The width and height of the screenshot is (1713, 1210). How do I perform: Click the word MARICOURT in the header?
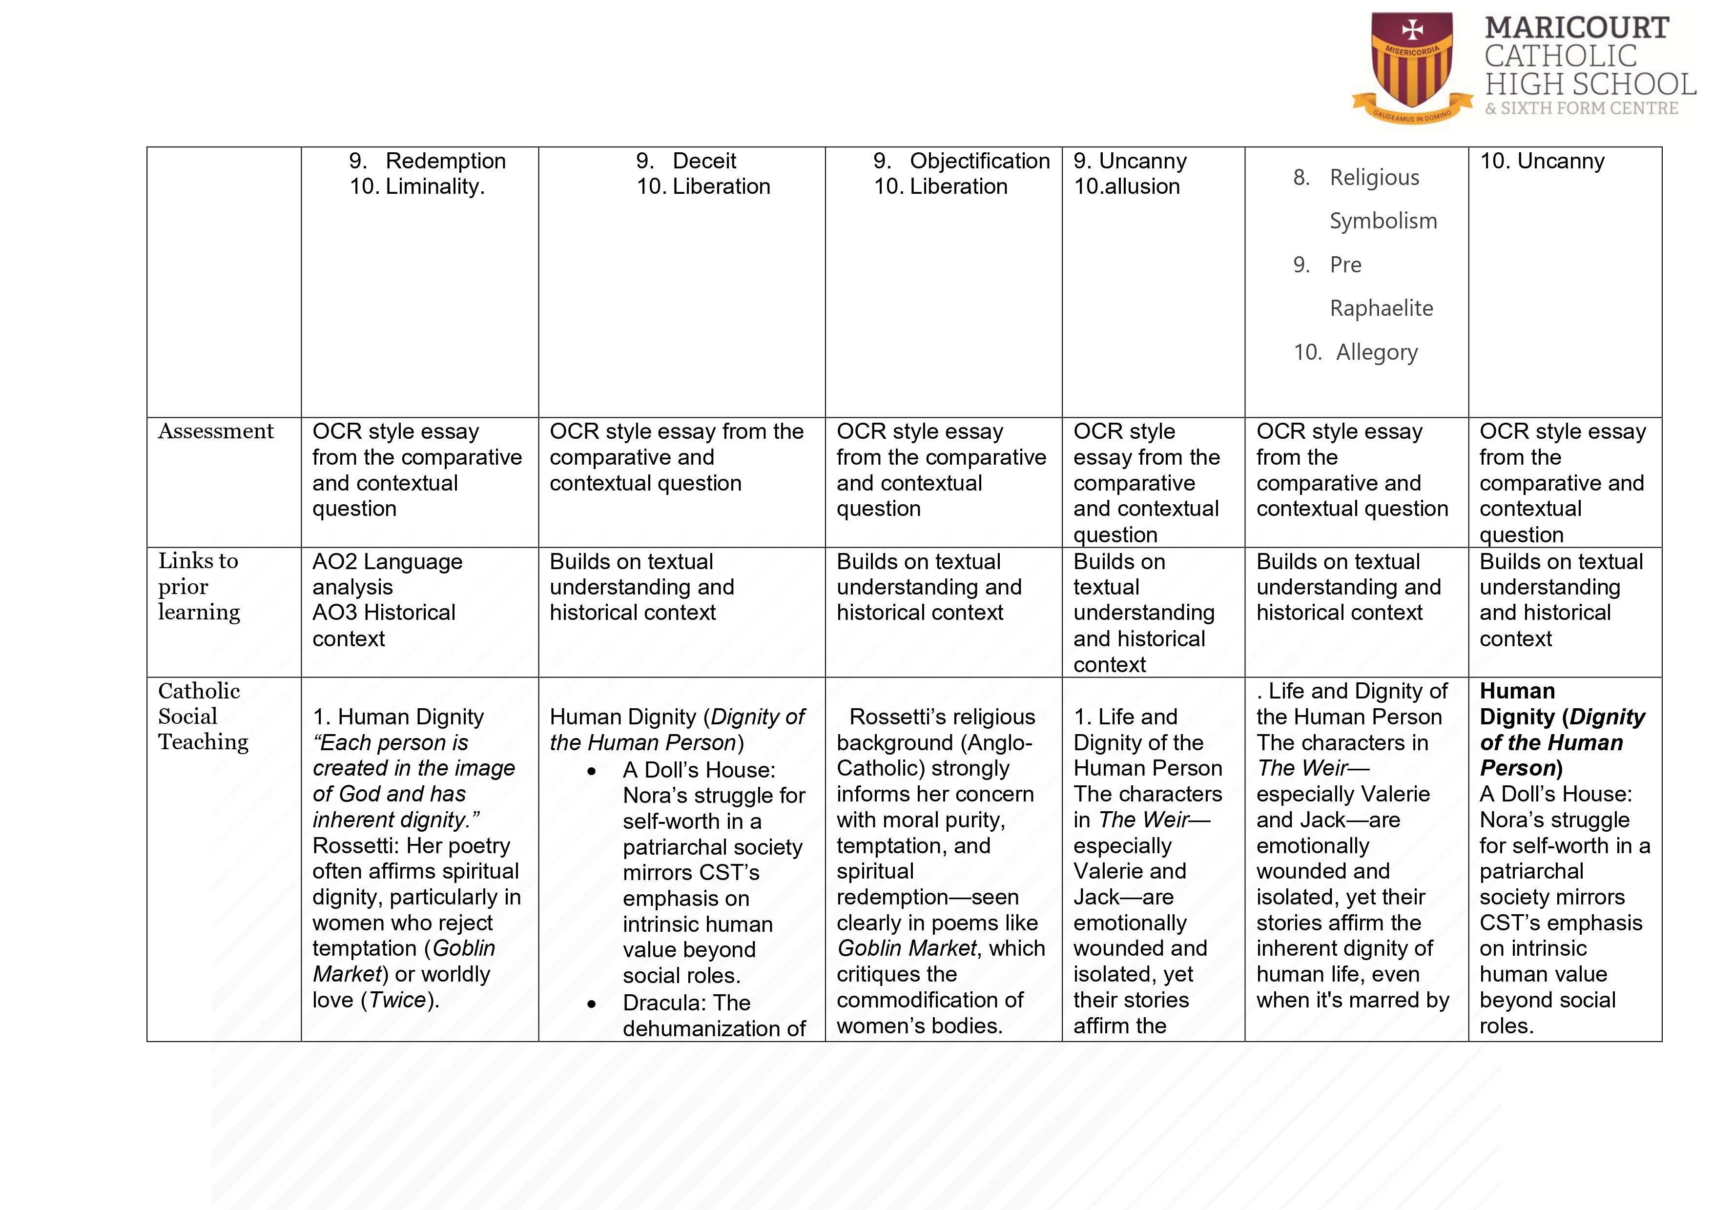(x=1576, y=28)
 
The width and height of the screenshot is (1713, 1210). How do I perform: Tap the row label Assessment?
(x=216, y=431)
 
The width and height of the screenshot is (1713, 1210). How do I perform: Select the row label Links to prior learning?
(x=199, y=586)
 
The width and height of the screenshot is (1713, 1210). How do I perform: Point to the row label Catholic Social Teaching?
(x=203, y=716)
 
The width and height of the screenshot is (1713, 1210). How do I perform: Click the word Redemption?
(x=445, y=161)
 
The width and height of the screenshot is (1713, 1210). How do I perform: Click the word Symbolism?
(x=1383, y=221)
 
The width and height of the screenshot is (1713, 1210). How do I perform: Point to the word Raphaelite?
(x=1381, y=308)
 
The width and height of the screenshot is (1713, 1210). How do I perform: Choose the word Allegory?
(x=1377, y=352)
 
